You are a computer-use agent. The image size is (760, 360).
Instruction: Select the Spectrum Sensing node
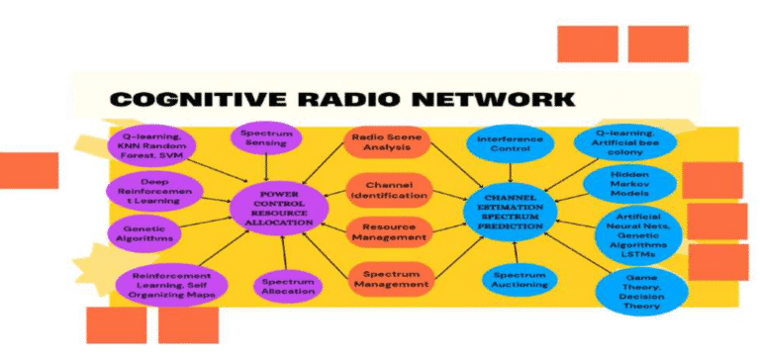coord(264,137)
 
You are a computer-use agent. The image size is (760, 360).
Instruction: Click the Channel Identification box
coord(388,190)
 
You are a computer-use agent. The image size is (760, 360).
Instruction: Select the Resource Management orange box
coord(388,231)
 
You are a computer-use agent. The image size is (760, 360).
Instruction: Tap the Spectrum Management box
coord(390,279)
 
